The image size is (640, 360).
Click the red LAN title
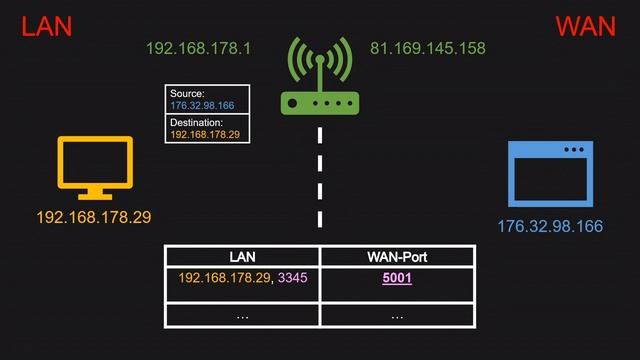47,26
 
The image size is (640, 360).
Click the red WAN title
585,26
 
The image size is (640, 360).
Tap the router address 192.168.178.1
198,48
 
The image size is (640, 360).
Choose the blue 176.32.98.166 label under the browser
550,226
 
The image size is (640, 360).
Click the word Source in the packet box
187,93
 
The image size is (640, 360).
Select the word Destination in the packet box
195,122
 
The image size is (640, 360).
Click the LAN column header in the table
242,257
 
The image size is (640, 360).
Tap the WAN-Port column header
397,257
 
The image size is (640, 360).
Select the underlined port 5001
397,279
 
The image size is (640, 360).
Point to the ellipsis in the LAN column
242,316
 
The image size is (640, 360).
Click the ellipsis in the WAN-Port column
397,316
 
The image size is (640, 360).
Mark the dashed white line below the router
320,180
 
